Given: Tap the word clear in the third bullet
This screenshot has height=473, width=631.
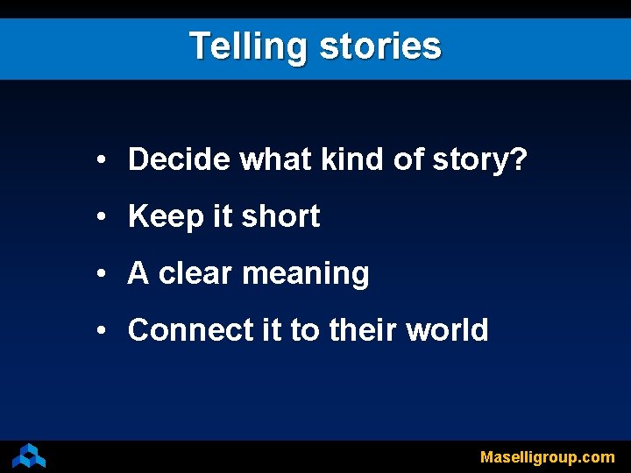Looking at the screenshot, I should [x=196, y=273].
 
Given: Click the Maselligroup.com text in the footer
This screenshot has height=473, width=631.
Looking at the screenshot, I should [x=547, y=456].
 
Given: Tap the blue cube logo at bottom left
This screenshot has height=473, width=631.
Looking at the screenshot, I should [x=29, y=455].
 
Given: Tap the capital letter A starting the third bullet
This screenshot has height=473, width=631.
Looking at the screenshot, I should [x=138, y=273].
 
